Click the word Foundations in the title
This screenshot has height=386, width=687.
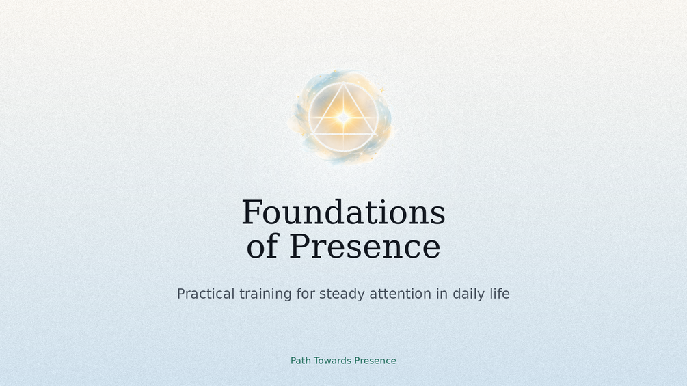[x=343, y=212]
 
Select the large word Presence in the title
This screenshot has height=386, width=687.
[x=364, y=247]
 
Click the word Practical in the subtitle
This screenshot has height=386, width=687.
[x=206, y=293]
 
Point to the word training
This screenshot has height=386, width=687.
[x=265, y=294]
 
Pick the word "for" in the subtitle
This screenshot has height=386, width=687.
[x=306, y=293]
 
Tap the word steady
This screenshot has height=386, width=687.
[x=342, y=294]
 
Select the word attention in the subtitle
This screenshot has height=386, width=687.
[x=400, y=293]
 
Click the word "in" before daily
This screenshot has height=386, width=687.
[x=442, y=293]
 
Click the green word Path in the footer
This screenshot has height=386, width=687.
[x=301, y=361]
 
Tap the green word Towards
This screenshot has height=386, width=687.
[x=332, y=361]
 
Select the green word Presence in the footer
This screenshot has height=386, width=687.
[x=375, y=361]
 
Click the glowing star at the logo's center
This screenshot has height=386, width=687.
[x=343, y=118]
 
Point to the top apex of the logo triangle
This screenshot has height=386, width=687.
[x=343, y=85]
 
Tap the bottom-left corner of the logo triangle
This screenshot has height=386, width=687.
[x=314, y=134]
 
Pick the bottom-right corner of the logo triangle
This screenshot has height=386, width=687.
[x=373, y=134]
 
